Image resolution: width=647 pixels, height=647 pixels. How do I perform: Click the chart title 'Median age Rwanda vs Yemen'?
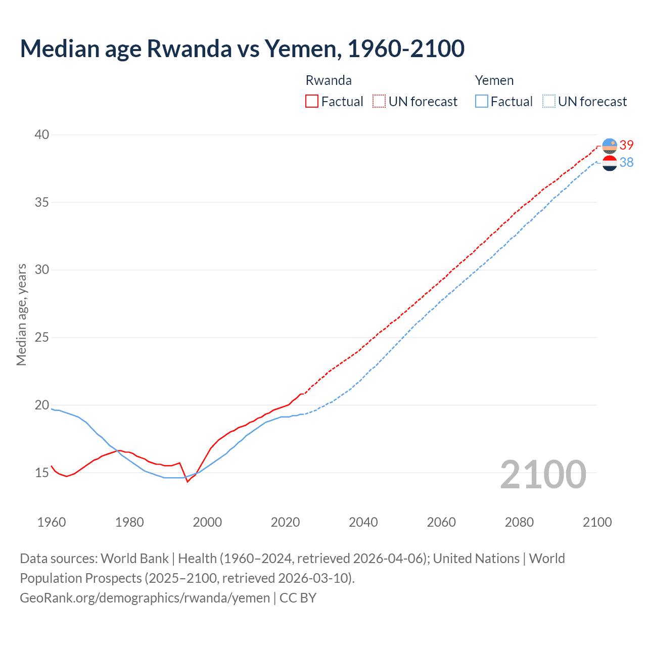point(242,49)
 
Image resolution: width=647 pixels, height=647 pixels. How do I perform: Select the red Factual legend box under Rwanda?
point(312,102)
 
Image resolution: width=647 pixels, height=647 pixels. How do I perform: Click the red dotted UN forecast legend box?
point(379,102)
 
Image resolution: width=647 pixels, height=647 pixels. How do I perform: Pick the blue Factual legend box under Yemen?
point(482,102)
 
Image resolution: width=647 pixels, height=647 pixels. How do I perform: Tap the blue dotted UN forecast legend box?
point(548,102)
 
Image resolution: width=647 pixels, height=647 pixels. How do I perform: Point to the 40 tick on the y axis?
point(42,134)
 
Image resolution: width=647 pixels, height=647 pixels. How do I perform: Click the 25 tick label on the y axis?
point(42,337)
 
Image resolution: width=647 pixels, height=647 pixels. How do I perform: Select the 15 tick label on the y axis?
point(42,473)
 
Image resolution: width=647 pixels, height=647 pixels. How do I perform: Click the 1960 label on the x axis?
point(52,522)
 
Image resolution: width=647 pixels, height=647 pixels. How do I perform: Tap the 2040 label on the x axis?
point(363,522)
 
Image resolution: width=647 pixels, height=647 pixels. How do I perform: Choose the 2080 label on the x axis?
point(519,522)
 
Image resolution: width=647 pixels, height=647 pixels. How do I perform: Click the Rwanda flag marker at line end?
point(610,146)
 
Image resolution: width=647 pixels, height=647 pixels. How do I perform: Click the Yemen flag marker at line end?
point(610,163)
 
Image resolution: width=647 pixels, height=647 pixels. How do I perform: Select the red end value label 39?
point(627,146)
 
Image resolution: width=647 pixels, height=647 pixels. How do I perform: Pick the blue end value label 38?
point(627,162)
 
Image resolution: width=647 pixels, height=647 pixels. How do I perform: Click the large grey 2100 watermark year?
point(543,475)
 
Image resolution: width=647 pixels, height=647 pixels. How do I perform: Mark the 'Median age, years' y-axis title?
point(21,314)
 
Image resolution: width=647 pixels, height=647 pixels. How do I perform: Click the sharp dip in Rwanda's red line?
point(188,481)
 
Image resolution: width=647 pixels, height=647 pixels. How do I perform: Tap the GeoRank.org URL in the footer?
point(145,598)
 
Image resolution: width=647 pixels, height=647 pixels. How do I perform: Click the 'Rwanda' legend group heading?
point(329,80)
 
